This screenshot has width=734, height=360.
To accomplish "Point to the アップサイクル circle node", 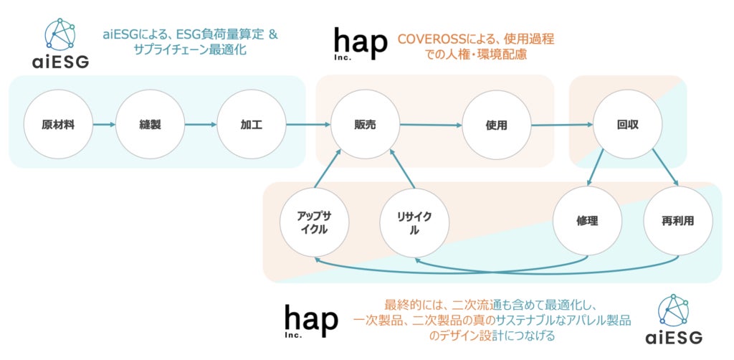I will click(x=313, y=223).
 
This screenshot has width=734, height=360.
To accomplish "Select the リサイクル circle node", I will click(x=414, y=223).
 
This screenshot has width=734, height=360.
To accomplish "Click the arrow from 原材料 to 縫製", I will click(x=105, y=125).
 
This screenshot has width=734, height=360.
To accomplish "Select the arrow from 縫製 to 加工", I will click(x=201, y=125).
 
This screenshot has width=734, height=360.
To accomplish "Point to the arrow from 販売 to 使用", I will click(x=430, y=125).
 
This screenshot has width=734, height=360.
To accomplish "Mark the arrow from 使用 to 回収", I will click(x=562, y=125).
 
